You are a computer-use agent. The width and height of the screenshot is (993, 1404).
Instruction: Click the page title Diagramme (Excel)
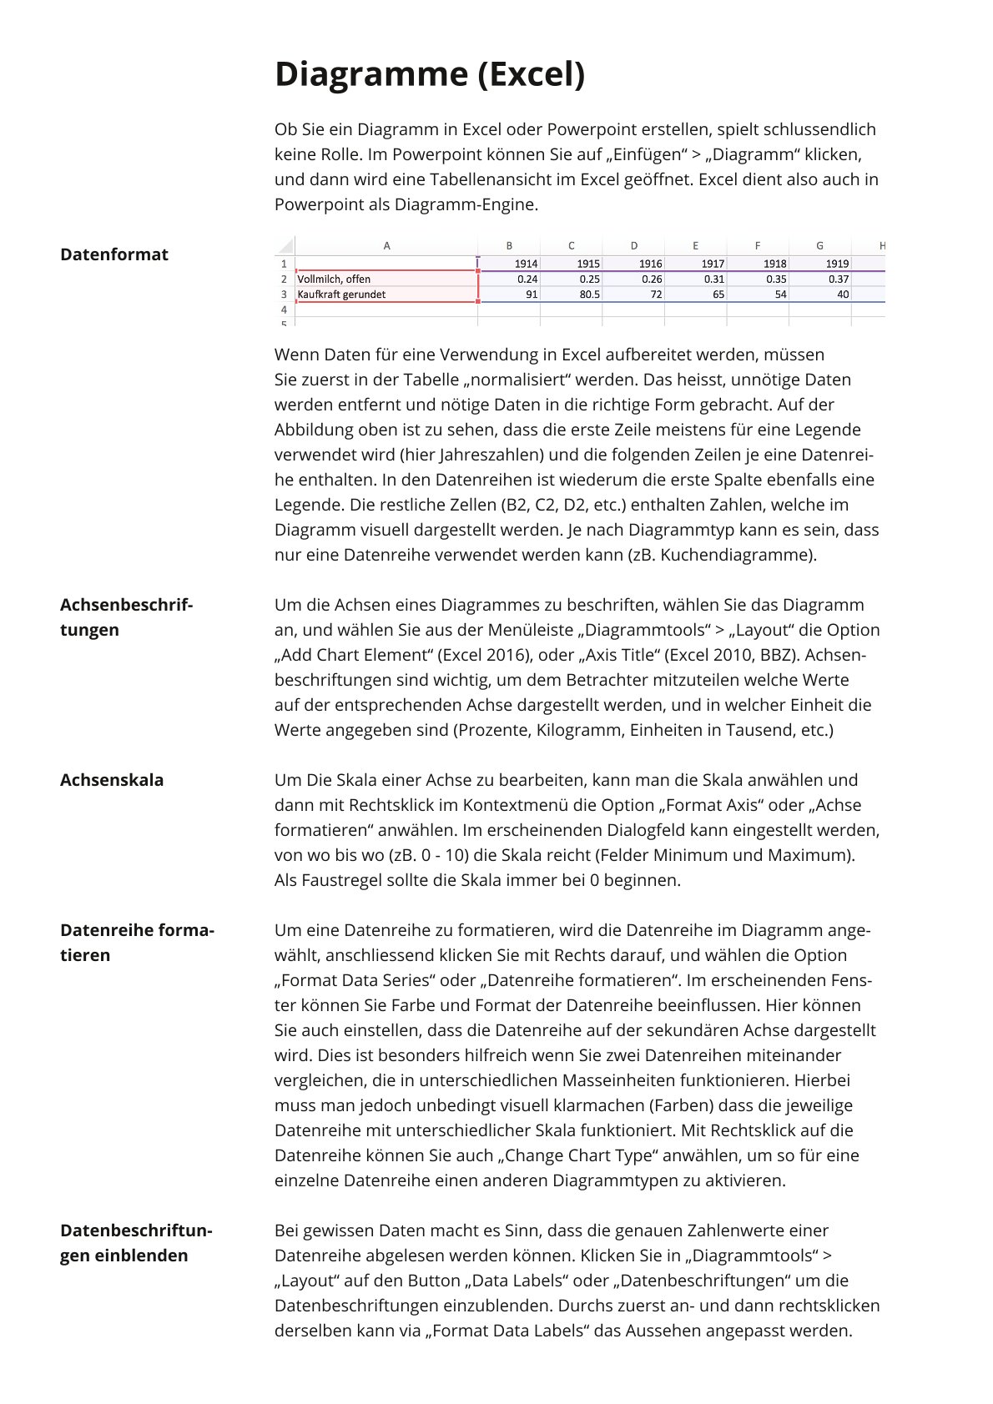coord(430,74)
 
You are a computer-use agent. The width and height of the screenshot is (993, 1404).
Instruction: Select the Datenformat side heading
coord(114,254)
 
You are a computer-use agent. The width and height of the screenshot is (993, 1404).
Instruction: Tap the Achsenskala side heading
coord(112,780)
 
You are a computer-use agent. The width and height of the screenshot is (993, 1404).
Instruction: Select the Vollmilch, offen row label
coord(334,279)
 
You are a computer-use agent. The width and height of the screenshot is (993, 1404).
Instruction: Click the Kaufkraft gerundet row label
coord(341,294)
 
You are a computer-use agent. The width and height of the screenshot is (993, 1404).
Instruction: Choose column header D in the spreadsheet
coord(634,246)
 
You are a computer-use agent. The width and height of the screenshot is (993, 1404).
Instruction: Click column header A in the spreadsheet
coord(386,246)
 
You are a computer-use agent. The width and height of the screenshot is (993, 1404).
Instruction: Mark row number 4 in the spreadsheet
coord(284,309)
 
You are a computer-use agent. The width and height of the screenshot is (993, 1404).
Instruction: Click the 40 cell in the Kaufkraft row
coord(843,294)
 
